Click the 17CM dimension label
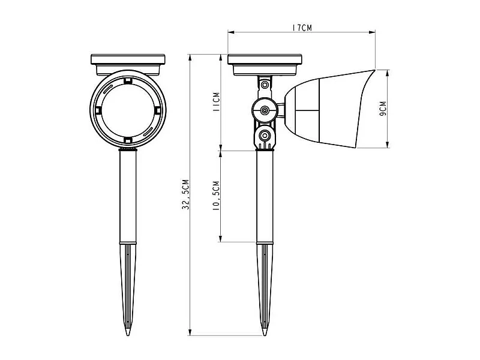[x=302, y=28]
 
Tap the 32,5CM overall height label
[x=185, y=194]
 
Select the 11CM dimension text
[x=216, y=101]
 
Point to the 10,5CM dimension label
[x=216, y=196]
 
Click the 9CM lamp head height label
[x=383, y=109]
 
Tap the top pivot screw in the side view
[x=265, y=84]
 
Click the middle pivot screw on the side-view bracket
[x=265, y=110]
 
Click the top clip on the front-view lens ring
[x=128, y=81]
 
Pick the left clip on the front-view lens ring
[x=98, y=110]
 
